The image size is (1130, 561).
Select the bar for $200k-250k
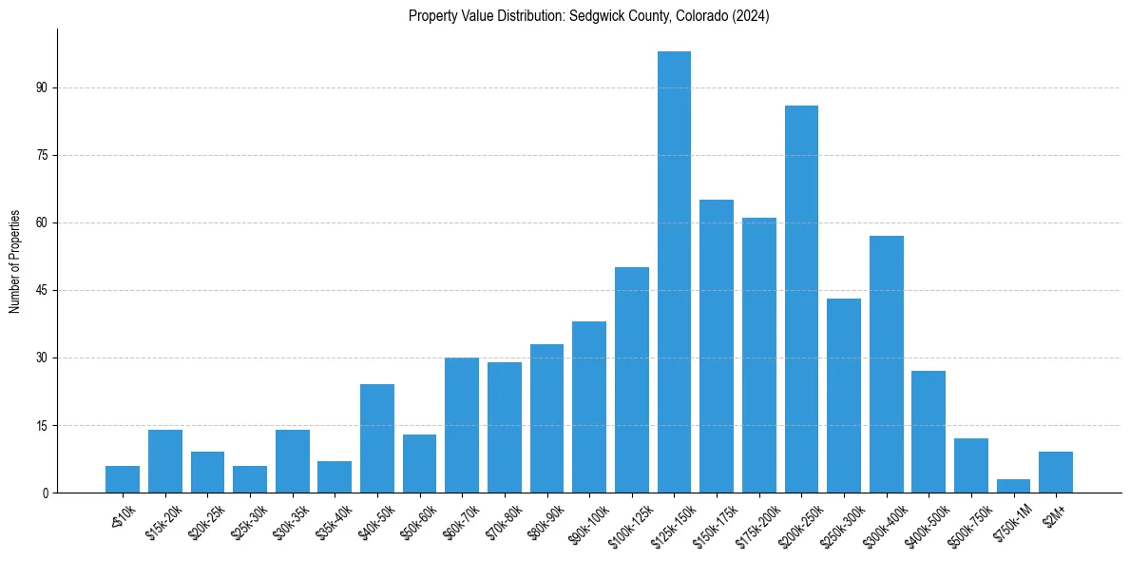[801, 299]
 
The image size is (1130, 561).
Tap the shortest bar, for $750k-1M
[1013, 486]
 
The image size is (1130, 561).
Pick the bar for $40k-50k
[377, 438]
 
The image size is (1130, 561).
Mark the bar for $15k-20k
[165, 461]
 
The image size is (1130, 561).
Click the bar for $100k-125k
[632, 380]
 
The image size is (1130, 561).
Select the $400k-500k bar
[929, 432]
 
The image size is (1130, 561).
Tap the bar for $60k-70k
[462, 425]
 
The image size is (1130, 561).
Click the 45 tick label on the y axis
[42, 290]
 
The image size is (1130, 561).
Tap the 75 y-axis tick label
[42, 155]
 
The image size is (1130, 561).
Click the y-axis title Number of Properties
[15, 261]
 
